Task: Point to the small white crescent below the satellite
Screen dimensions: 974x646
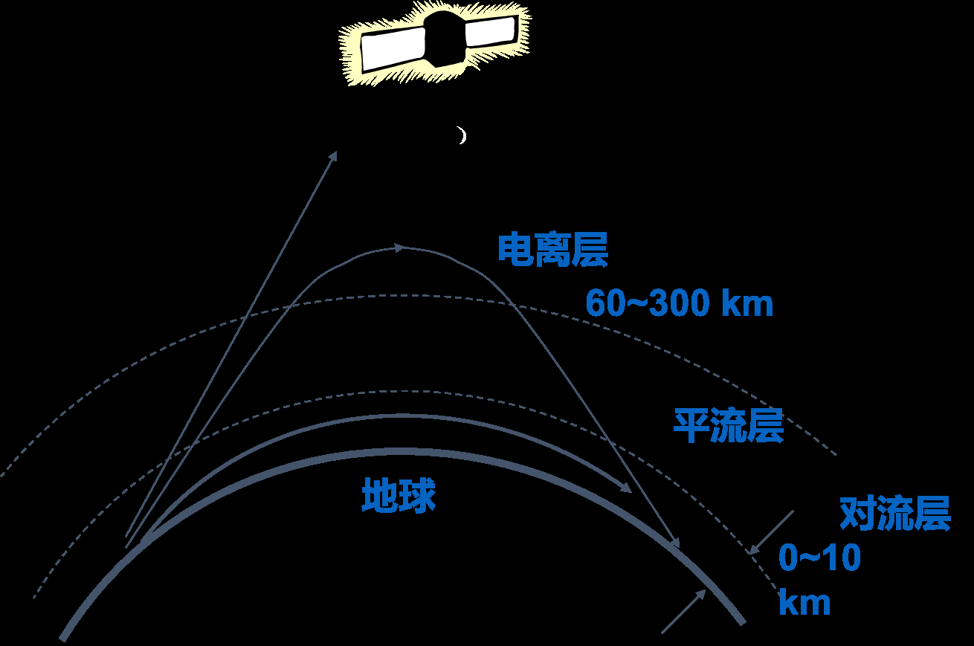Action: pyautogui.click(x=462, y=135)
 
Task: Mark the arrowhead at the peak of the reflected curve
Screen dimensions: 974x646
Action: pyautogui.click(x=399, y=248)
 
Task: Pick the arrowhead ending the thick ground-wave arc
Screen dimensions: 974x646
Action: pyautogui.click(x=626, y=488)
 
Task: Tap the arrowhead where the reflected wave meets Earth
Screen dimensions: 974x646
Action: pyautogui.click(x=675, y=544)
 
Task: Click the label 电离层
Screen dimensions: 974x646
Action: pyautogui.click(x=552, y=250)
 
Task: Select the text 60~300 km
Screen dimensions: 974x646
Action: pyautogui.click(x=680, y=304)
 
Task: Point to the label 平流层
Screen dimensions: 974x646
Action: pyautogui.click(x=729, y=425)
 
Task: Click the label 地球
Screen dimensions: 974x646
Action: pyautogui.click(x=399, y=495)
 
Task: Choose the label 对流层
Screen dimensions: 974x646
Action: pyautogui.click(x=895, y=514)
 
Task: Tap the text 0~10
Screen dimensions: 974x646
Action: pyautogui.click(x=819, y=558)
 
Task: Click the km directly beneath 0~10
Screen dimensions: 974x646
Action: pyautogui.click(x=804, y=603)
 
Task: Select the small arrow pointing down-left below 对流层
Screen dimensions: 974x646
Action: pyautogui.click(x=770, y=532)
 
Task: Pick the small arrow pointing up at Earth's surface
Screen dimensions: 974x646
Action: pyautogui.click(x=685, y=611)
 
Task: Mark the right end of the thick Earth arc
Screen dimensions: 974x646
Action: pyautogui.click(x=740, y=621)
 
